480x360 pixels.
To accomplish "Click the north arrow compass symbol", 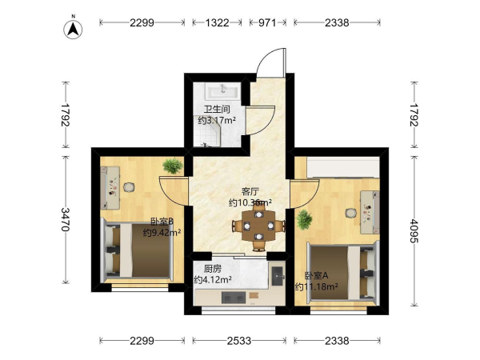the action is (x=73, y=29).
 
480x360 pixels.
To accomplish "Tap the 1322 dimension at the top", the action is (x=217, y=22).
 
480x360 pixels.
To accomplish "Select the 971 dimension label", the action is (x=267, y=22).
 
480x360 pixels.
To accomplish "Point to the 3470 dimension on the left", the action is (x=66, y=219).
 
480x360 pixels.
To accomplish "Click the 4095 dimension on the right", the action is (x=414, y=230).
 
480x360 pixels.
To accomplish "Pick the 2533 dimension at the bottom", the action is (x=239, y=341).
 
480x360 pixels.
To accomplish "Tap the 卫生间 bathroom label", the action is (x=217, y=110).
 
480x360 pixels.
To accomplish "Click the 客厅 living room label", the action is (x=250, y=192).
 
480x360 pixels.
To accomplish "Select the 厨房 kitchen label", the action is (x=213, y=269).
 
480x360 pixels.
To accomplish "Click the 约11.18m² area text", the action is (x=317, y=287).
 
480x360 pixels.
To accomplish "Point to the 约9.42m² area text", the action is (x=162, y=233).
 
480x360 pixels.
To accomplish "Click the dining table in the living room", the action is (x=258, y=227).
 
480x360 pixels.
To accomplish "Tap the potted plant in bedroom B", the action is (x=173, y=166).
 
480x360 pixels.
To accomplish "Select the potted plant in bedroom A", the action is (x=304, y=219).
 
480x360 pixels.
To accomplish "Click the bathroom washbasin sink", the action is (x=223, y=92).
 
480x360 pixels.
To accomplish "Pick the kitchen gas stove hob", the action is (x=234, y=298).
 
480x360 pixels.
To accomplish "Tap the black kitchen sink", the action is (x=278, y=276).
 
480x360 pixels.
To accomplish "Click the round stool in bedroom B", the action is (x=129, y=187).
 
